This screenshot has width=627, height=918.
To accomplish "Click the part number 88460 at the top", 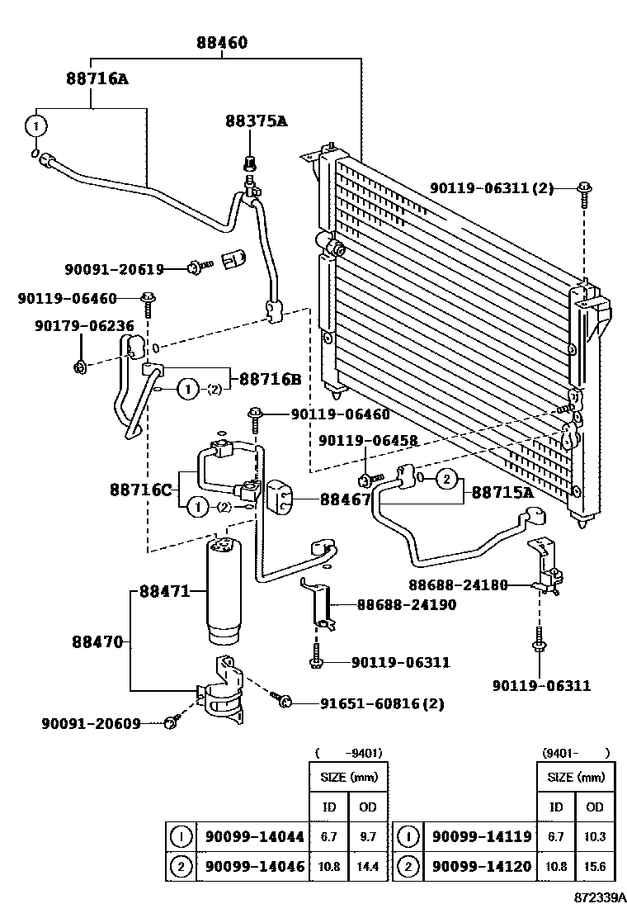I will (222, 43).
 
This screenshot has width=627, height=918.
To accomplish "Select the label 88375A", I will (256, 121).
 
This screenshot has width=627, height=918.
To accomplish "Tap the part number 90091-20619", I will (114, 268).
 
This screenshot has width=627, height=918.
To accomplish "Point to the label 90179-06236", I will (84, 326).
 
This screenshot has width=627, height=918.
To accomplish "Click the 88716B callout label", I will (270, 379).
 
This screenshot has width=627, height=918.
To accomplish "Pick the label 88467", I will (345, 499).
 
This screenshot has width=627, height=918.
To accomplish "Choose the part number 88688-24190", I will (406, 604).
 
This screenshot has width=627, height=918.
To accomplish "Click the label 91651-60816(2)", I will (382, 703).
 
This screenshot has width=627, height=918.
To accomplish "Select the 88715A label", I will (502, 493).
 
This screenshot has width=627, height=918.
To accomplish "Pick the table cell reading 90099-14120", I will (482, 867).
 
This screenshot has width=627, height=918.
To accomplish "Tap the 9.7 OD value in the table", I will (367, 836).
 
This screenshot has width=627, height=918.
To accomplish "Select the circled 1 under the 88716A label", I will (34, 126).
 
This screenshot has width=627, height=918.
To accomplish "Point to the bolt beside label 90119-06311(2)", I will (583, 190).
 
